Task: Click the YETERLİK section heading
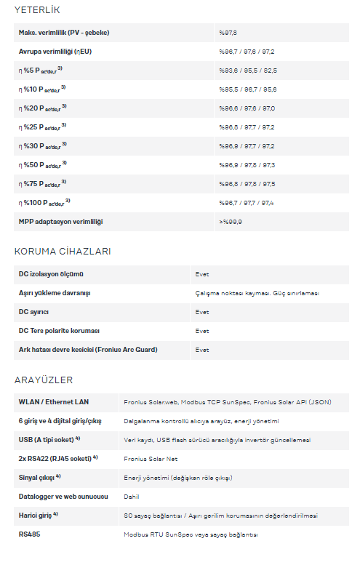tap(37, 10)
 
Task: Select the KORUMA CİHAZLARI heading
tap(63, 252)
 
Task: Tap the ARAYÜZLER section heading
tap(44, 380)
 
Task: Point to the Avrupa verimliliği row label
tap(55, 52)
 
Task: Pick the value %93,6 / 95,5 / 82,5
tap(248, 71)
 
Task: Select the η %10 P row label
tap(42, 89)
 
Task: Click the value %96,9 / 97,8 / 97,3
tap(247, 165)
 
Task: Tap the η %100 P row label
tap(44, 203)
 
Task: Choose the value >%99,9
tap(231, 222)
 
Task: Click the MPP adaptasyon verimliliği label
tap(60, 222)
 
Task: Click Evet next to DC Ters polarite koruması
tap(202, 331)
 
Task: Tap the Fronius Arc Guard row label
tap(88, 350)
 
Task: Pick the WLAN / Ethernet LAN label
tap(55, 402)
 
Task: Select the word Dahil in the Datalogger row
tap(132, 497)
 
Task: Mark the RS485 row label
tap(30, 534)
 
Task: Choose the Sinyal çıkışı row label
tap(39, 478)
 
